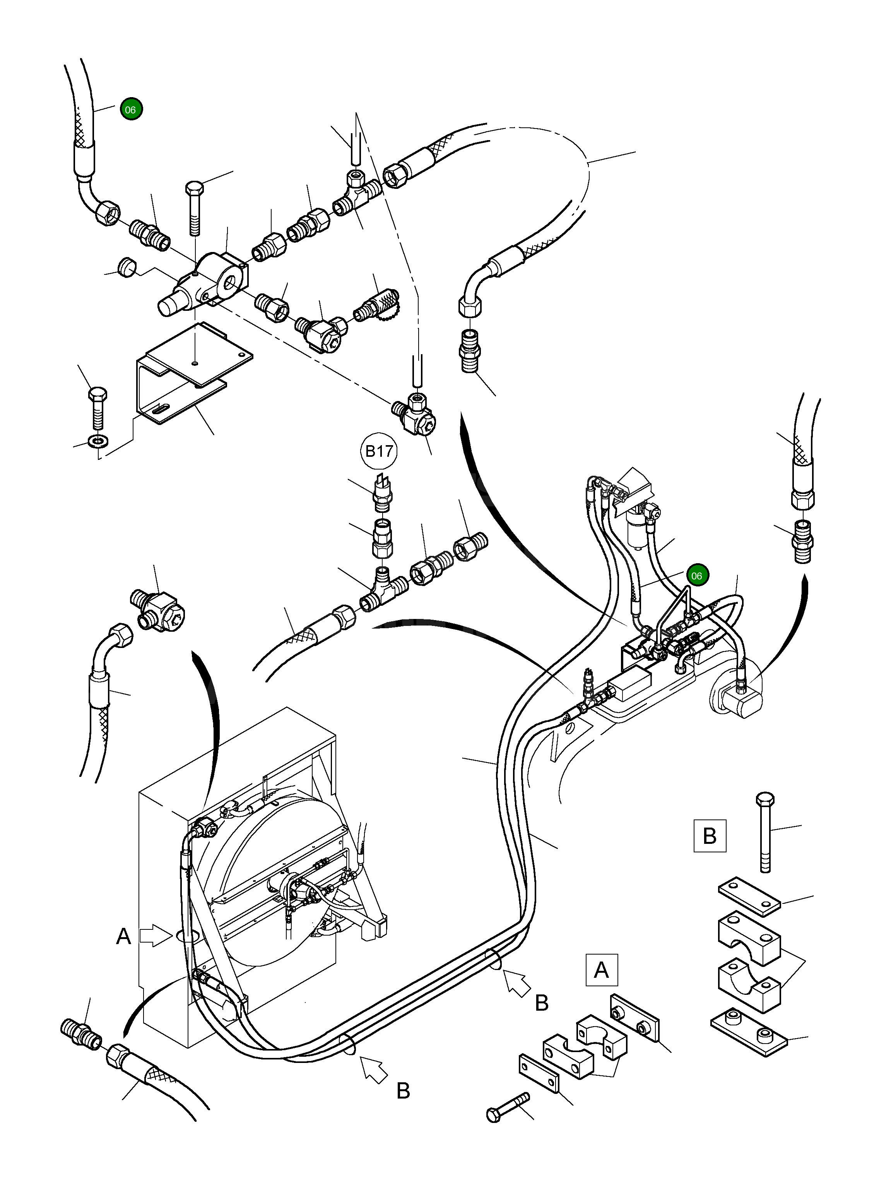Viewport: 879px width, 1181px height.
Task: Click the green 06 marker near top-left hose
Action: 131,110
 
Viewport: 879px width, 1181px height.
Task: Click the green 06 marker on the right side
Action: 696,575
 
